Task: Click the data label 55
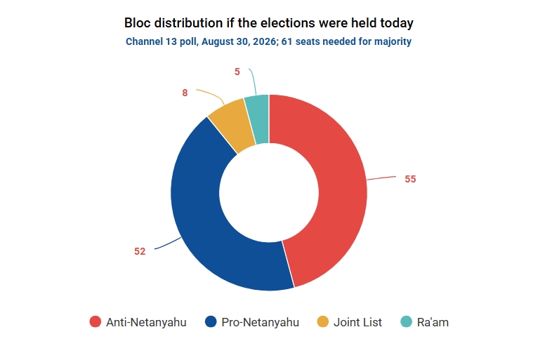(410, 179)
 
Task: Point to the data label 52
(140, 251)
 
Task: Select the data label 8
(185, 93)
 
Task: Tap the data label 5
(237, 72)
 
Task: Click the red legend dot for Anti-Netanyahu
(96, 321)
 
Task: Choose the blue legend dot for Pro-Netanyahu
(211, 321)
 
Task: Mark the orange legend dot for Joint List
(322, 321)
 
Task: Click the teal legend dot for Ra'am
(406, 321)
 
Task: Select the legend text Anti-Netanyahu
(146, 322)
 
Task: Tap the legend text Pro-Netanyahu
(261, 322)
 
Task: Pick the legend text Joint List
(357, 322)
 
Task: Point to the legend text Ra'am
(433, 322)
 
